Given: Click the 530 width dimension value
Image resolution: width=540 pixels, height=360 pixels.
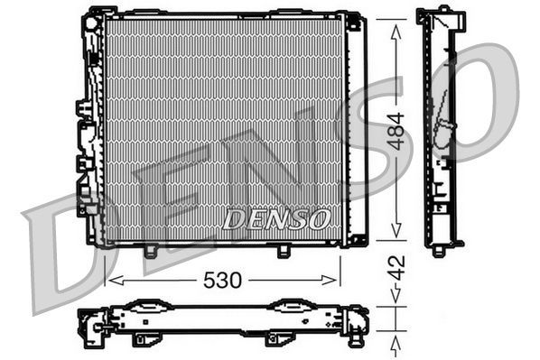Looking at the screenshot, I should click(221, 280).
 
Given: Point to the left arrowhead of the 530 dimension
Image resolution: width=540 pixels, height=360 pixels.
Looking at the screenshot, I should click(110, 280).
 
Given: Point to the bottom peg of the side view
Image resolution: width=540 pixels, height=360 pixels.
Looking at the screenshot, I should click(438, 251).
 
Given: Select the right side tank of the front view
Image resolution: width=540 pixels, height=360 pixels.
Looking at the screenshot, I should click(356, 126).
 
